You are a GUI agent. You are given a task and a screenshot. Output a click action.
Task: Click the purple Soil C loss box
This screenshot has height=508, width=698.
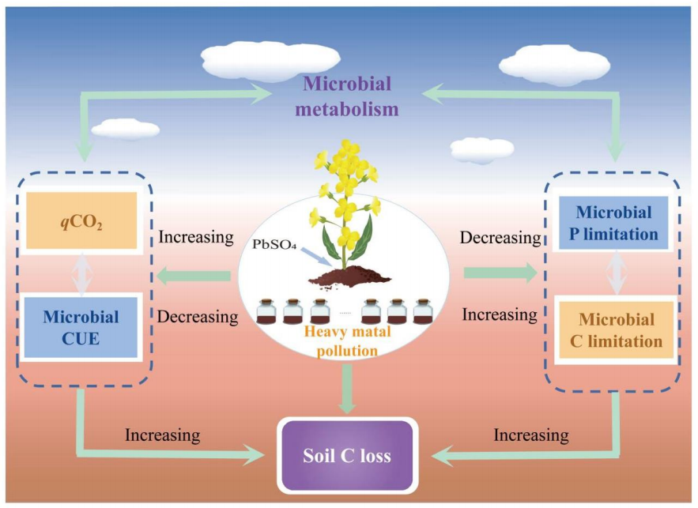click(347, 456)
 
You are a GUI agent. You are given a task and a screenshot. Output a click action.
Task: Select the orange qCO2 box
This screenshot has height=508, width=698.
click(82, 222)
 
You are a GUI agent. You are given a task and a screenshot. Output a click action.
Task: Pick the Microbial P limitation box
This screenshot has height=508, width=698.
click(614, 223)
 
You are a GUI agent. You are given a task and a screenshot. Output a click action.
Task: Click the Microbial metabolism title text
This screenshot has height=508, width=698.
click(347, 96)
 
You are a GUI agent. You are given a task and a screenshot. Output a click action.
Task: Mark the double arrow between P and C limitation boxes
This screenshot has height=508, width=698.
click(616, 275)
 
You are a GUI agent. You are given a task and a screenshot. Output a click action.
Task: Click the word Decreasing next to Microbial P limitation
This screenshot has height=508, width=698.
click(500, 237)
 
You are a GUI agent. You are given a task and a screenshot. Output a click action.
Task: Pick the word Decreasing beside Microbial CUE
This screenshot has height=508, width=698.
click(198, 317)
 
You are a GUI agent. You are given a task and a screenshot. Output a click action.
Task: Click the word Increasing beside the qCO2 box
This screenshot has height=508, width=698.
click(196, 236)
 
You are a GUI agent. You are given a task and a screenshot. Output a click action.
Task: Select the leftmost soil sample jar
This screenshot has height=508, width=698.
click(268, 312)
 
